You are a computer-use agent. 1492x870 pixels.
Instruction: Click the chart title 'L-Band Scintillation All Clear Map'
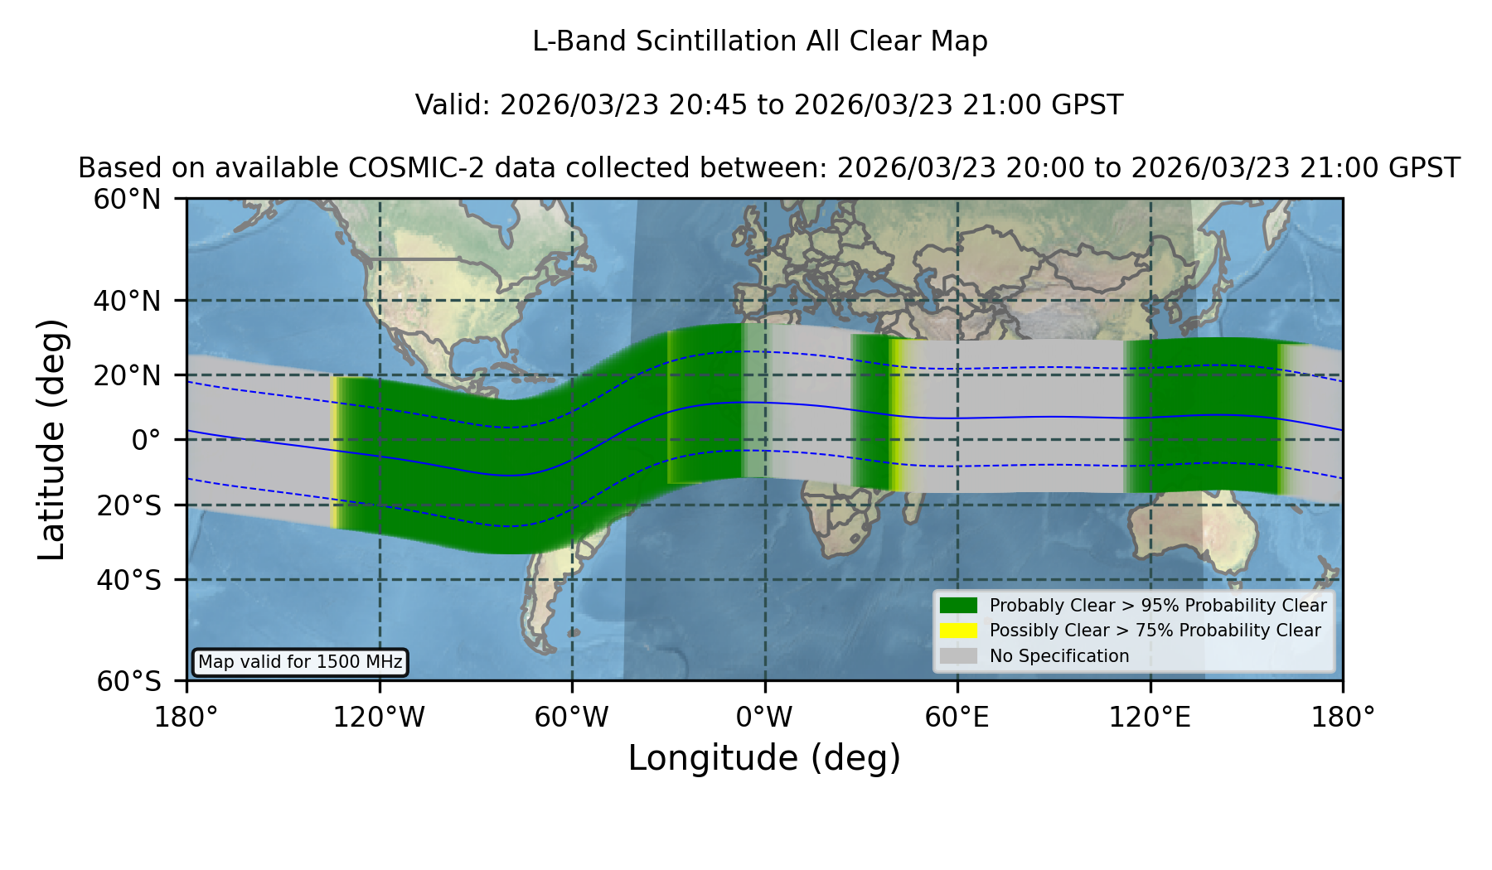[759, 41]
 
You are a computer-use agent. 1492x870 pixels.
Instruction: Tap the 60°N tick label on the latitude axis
[127, 199]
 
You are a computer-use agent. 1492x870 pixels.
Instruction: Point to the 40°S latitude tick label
[128, 579]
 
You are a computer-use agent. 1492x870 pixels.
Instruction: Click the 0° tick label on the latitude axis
[146, 439]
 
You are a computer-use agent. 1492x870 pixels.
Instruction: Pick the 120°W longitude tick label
[379, 717]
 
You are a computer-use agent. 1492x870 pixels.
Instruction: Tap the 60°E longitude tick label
[957, 717]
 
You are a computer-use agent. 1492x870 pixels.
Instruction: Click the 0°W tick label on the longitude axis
[764, 717]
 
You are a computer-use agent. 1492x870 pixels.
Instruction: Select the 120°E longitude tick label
[1150, 717]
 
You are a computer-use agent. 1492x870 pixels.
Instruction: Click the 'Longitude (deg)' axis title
[764, 758]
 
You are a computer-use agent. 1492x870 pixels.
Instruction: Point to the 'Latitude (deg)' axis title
[51, 439]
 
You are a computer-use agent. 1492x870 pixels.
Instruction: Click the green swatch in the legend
[958, 605]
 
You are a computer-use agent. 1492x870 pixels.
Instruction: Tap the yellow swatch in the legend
[958, 630]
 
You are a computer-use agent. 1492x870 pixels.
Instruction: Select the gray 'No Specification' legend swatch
[958, 655]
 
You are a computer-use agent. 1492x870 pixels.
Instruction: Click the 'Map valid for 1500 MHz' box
[300, 662]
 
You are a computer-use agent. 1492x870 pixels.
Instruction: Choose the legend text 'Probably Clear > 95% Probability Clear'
[1158, 606]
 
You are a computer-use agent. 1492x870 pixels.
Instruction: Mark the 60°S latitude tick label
[128, 681]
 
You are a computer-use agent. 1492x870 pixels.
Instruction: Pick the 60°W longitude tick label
[572, 717]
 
